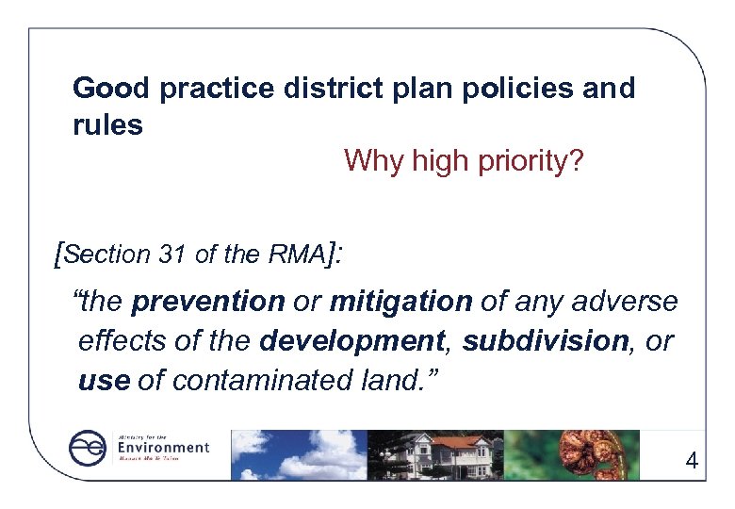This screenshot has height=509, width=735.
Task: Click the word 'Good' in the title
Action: point(111,89)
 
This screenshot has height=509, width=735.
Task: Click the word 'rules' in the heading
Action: point(107,125)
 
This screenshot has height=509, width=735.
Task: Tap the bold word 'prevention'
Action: point(208,302)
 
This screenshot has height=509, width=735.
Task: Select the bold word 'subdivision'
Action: point(545,341)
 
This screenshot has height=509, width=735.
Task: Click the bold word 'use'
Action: point(104,381)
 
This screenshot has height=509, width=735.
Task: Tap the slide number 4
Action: point(692,462)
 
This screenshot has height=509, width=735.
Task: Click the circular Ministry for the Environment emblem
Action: point(87,449)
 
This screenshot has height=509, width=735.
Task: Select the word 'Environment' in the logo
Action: point(162,447)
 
